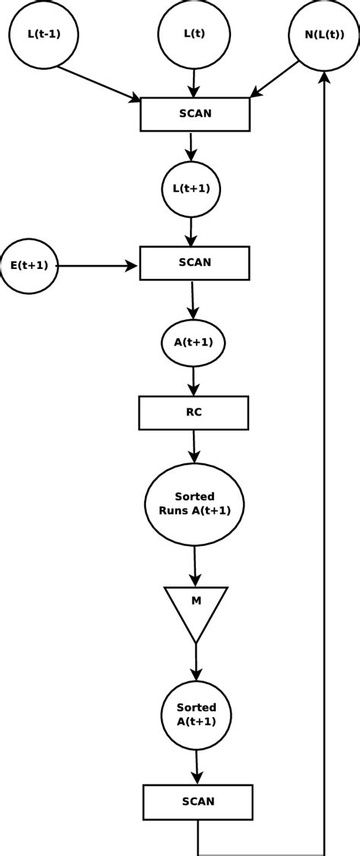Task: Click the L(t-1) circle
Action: coord(43,34)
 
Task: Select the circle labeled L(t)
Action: coord(194,34)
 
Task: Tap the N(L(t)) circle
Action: coord(324,35)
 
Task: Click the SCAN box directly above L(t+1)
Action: coord(195,113)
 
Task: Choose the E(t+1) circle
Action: coord(29,266)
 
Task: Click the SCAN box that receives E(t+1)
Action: coord(194,262)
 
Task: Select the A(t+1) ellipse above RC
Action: coord(193,342)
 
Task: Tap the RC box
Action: coord(194,412)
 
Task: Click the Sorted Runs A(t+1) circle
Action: coord(194,503)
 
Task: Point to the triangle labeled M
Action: coord(196,607)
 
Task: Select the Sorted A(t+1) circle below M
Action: coord(197,715)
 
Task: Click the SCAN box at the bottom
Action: coord(197,801)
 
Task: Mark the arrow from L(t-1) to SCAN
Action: coord(99,84)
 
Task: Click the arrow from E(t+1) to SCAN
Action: coord(97,266)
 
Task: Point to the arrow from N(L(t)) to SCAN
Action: coord(275,79)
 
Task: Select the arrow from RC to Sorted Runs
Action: coord(194,447)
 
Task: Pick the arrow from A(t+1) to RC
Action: coord(193,381)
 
